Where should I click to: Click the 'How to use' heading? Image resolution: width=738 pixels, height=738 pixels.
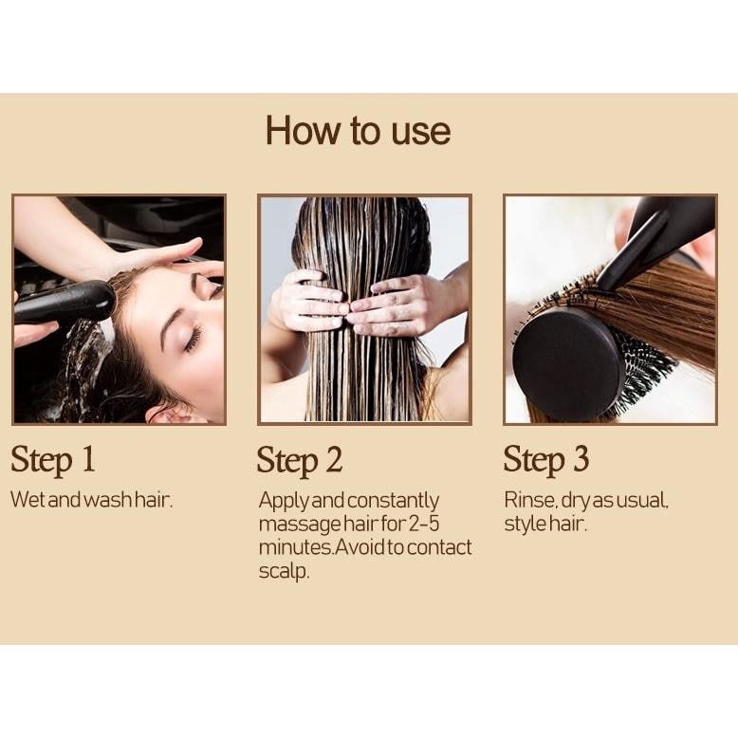[x=359, y=130]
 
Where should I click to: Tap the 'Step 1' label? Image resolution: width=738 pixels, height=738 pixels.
[x=53, y=460]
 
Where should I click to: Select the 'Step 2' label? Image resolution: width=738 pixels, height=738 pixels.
[x=300, y=461]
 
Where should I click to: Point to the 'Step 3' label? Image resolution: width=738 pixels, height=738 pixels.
[x=546, y=460]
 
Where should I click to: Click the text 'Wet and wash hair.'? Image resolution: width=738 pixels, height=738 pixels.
[x=92, y=500]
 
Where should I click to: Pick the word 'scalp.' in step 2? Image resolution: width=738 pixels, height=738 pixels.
[x=284, y=571]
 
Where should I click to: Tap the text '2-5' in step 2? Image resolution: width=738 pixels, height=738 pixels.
[x=423, y=524]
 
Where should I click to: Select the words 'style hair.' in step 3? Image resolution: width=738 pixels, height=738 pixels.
[x=545, y=524]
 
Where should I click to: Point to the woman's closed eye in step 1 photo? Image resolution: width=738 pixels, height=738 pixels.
[x=194, y=340]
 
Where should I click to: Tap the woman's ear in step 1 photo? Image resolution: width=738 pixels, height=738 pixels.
[x=171, y=415]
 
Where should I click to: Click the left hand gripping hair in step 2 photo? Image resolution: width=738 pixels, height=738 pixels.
[x=308, y=302]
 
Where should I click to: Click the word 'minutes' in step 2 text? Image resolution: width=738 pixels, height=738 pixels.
[x=296, y=547]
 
